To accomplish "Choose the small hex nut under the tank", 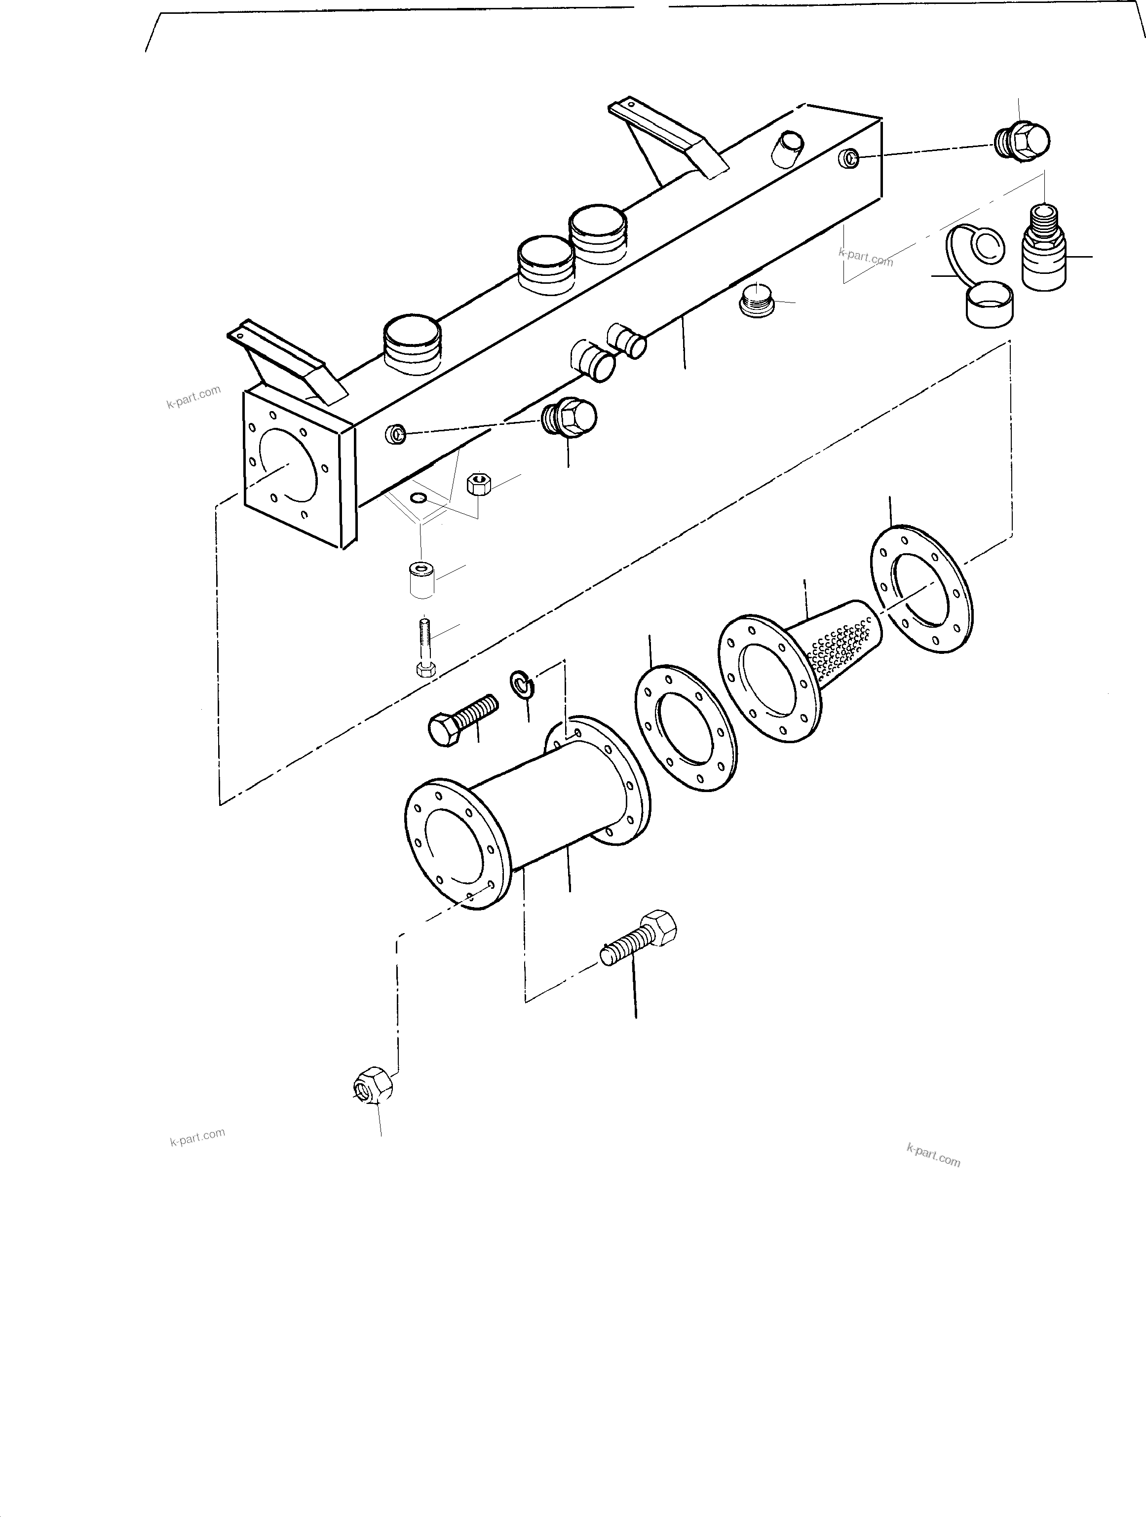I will pos(477,484).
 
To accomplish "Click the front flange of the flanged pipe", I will pos(456,844).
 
